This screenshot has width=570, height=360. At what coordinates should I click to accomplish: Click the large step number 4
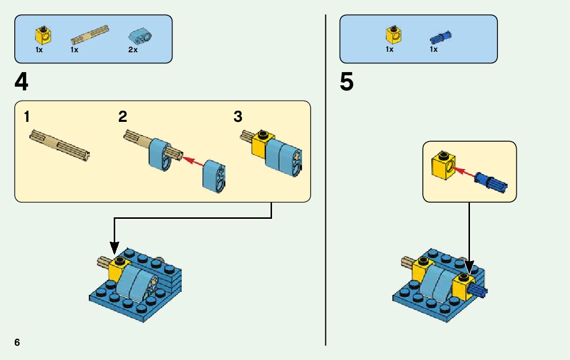[21, 83]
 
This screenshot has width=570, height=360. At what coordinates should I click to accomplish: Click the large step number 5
[347, 83]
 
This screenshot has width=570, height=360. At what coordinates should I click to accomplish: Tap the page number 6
[17, 342]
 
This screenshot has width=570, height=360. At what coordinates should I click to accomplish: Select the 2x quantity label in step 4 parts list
[133, 50]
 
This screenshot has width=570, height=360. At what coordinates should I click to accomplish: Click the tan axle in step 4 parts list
[89, 34]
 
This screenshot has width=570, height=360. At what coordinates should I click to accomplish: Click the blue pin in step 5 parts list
[441, 37]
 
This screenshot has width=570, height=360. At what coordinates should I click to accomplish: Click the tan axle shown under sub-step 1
[60, 145]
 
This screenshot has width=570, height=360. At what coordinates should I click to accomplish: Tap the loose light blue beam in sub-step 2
[215, 176]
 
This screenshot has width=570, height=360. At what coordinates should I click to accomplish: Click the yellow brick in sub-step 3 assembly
[262, 144]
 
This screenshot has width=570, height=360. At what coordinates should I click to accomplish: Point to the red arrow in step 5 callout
[464, 173]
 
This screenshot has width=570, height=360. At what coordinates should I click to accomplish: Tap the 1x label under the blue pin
[433, 50]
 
